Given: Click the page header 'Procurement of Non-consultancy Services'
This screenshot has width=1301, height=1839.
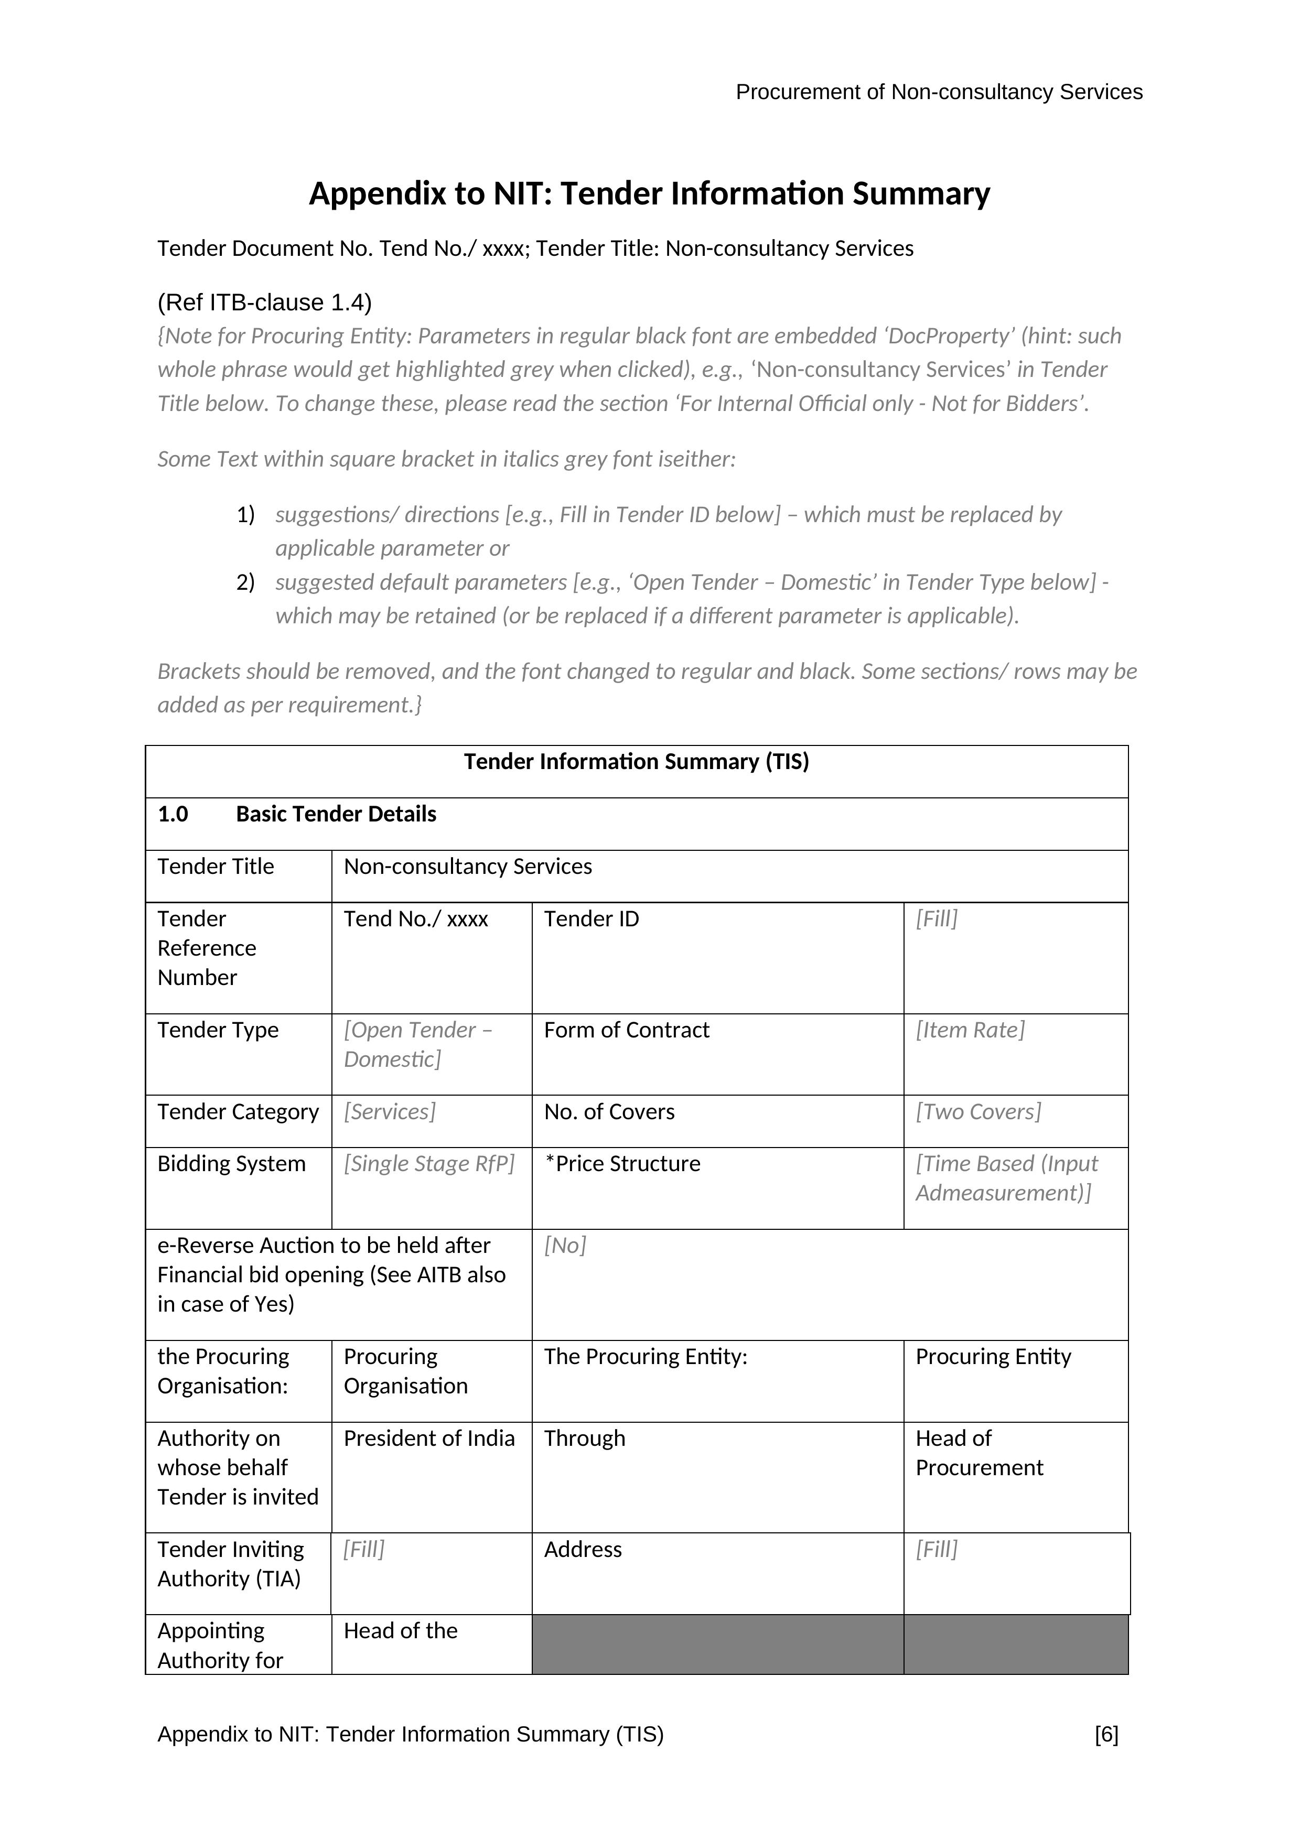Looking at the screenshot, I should (x=938, y=92).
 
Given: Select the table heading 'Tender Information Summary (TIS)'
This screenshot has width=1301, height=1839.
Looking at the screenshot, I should (x=636, y=762).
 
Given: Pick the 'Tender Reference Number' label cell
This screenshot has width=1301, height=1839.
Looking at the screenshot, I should (x=207, y=948).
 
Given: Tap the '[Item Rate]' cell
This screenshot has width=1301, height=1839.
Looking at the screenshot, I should (x=970, y=1030).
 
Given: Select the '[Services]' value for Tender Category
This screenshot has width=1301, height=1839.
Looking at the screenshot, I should (x=389, y=1112).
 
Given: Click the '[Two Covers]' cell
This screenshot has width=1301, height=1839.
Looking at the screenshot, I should (x=977, y=1112).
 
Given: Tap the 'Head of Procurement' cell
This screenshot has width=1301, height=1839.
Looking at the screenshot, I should (x=979, y=1453).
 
